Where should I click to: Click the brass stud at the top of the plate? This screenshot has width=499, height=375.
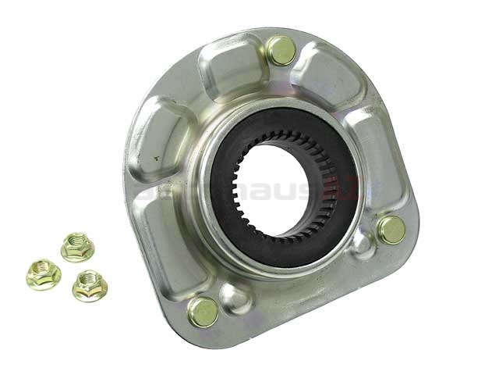click(281, 51)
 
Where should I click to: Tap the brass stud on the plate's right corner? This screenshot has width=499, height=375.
click(391, 230)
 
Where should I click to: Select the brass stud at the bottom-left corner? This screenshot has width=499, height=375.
click(203, 312)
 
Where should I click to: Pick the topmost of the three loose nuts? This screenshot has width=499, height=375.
click(77, 247)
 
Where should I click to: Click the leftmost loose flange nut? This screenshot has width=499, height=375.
click(43, 274)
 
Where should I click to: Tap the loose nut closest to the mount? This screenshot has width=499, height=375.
click(90, 285)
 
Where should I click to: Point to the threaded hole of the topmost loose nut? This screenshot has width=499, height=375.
click(77, 245)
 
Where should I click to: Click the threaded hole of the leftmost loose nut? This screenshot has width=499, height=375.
click(43, 272)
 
